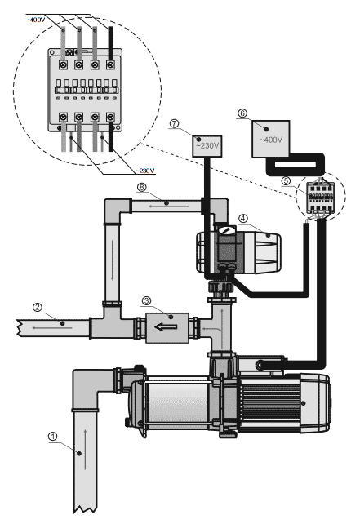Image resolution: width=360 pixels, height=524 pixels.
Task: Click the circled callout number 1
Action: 53,437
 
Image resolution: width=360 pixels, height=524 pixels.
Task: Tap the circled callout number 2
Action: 37,307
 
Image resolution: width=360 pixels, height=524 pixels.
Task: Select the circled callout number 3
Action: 146,300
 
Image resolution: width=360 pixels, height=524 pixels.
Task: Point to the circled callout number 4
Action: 243,219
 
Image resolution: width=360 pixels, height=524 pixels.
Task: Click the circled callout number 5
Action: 286,180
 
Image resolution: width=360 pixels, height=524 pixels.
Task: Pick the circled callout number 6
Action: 242,113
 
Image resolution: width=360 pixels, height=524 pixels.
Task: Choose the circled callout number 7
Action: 174,123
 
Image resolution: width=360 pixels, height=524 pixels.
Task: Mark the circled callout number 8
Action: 142,187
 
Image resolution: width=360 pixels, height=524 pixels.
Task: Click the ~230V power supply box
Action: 207,146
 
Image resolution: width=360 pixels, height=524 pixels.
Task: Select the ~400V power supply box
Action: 270,139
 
